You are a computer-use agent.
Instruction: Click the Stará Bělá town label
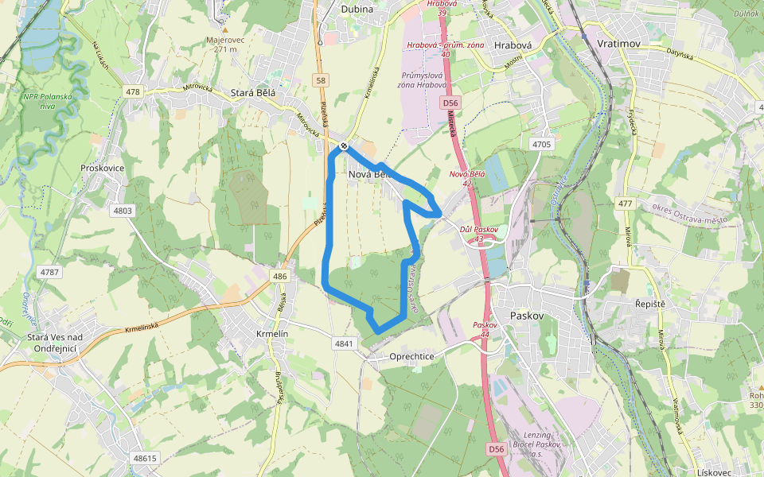(252, 93)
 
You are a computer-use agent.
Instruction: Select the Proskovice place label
(103, 168)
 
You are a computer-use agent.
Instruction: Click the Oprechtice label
(411, 356)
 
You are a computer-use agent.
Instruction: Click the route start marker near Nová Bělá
(343, 145)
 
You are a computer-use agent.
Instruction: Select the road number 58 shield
(321, 80)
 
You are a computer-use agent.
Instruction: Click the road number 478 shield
(132, 92)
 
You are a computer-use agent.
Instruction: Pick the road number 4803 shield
(123, 211)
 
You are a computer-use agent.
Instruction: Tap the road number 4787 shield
(49, 273)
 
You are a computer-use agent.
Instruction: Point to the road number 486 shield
(279, 277)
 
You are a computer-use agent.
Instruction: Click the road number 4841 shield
(344, 343)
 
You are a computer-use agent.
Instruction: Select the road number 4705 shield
(541, 144)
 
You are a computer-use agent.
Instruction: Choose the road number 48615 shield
(146, 458)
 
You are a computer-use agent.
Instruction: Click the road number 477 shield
(625, 204)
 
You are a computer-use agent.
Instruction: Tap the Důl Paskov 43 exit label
(478, 234)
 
